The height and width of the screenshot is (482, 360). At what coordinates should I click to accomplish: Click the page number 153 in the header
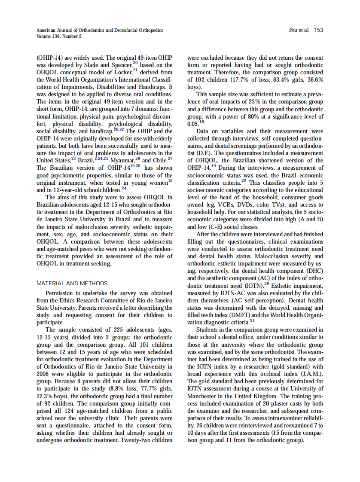(x=318, y=30)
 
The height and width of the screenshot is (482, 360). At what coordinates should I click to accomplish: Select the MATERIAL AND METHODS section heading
(x=72, y=284)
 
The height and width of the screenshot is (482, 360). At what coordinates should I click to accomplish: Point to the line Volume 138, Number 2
(x=59, y=36)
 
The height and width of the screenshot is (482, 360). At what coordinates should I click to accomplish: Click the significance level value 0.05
(x=193, y=124)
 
